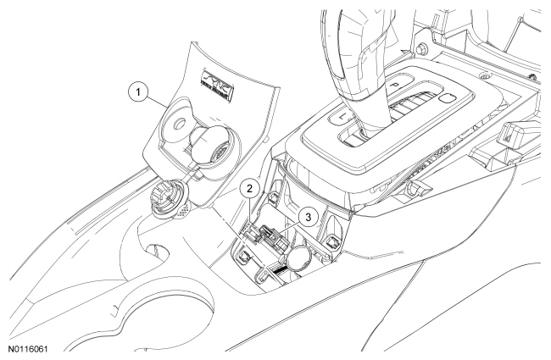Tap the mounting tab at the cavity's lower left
tap(244, 255)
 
